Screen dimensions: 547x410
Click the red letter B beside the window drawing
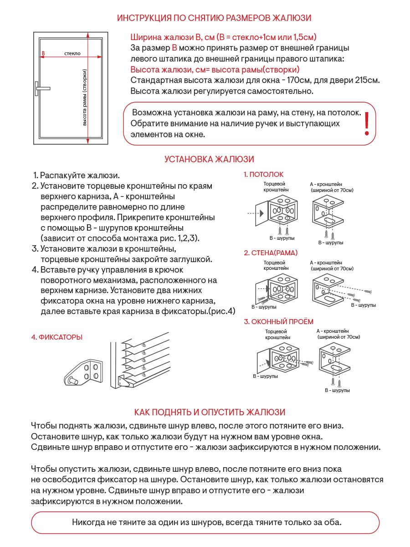pyautogui.click(x=43, y=53)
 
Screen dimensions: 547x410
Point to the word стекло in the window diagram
pyautogui.click(x=72, y=53)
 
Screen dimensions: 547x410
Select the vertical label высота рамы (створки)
pyautogui.click(x=85, y=97)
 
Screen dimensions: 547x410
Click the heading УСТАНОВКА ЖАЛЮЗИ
pyautogui.click(x=209, y=159)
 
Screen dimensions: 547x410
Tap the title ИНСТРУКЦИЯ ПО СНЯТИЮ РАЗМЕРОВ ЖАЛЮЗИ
pyautogui.click(x=214, y=18)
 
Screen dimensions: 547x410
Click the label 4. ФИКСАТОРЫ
pyautogui.click(x=57, y=337)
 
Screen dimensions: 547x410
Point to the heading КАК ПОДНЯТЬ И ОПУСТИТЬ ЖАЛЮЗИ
pyautogui.click(x=210, y=412)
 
